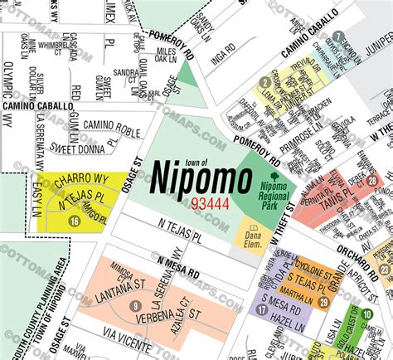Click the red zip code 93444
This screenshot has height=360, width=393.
pyautogui.click(x=189, y=202)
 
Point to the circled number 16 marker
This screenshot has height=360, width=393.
pyautogui.click(x=75, y=221)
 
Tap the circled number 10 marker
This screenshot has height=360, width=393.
pyautogui.click(x=366, y=314)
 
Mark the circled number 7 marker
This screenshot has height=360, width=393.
pyautogui.click(x=338, y=36)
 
